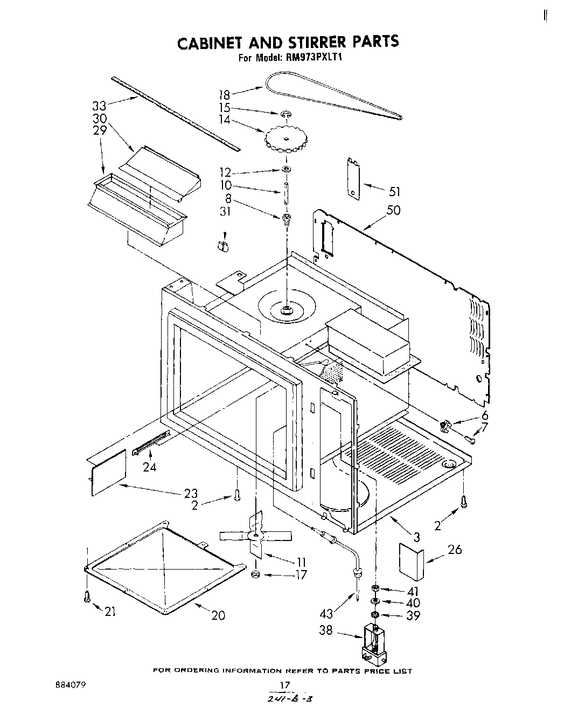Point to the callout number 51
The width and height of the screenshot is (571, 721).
[394, 191]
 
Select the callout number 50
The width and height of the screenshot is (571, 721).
[393, 210]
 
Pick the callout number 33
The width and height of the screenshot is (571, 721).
[99, 106]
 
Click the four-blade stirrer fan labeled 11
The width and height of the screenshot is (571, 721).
[256, 535]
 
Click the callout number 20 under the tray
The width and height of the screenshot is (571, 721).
[218, 615]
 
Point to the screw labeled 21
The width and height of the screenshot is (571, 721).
[87, 597]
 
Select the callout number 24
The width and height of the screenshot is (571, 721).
[149, 467]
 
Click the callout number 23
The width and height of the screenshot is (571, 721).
[191, 493]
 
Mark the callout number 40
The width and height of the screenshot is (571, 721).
[413, 603]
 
